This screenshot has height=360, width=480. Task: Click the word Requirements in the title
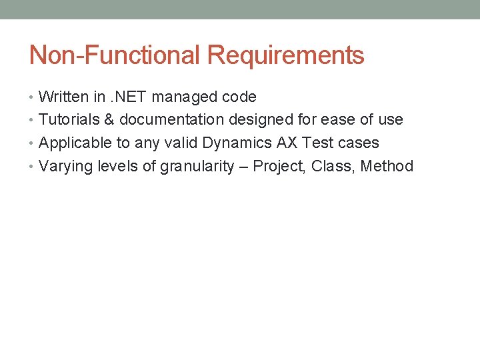(x=285, y=55)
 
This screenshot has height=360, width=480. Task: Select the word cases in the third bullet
(x=359, y=143)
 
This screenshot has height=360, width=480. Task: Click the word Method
(x=387, y=166)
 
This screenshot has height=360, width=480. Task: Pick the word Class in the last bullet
(x=334, y=166)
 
